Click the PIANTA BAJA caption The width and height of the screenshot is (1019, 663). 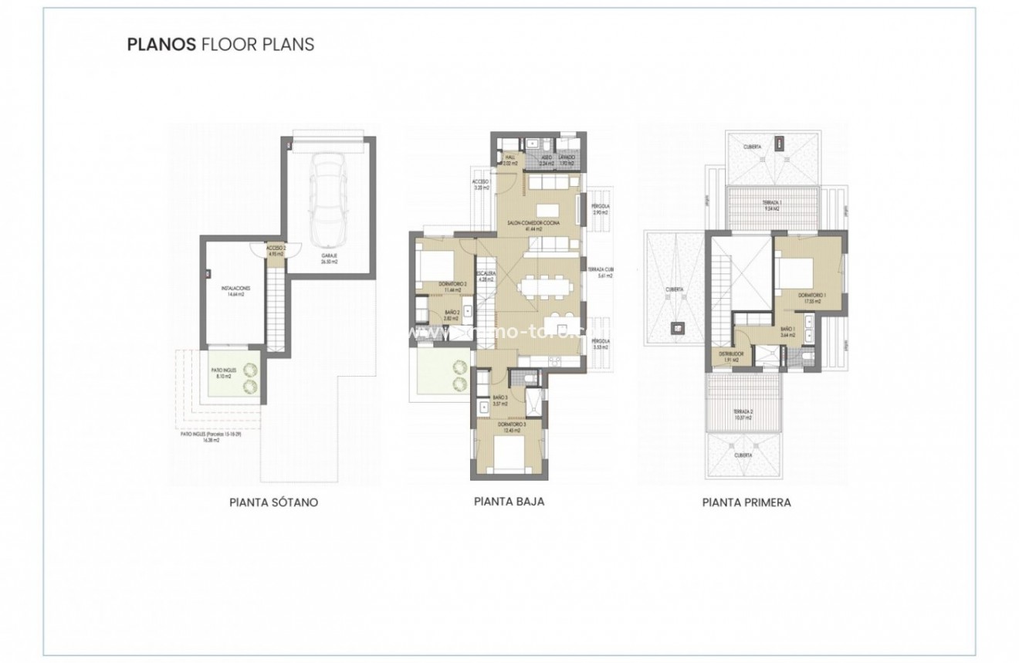509,501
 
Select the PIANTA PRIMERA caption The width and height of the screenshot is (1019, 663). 746,502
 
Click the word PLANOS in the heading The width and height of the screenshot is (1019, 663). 161,44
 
